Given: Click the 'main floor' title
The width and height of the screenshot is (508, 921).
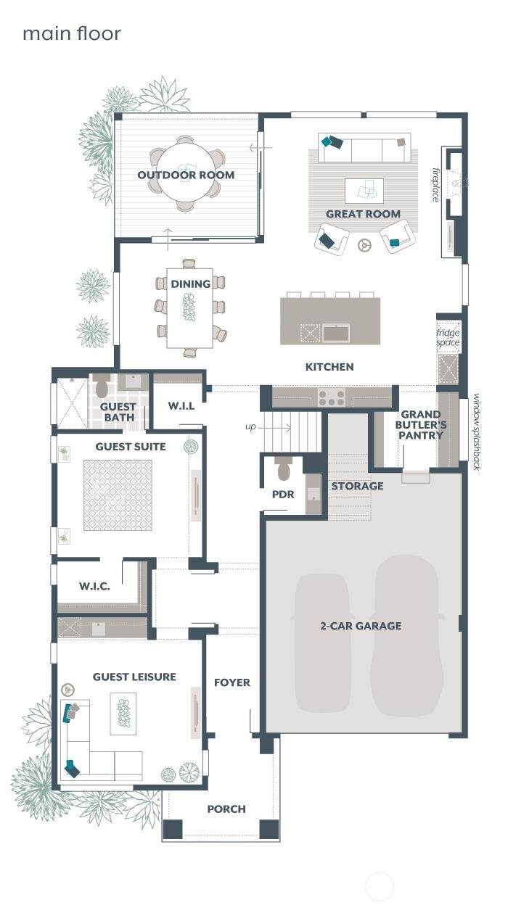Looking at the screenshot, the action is [72, 33].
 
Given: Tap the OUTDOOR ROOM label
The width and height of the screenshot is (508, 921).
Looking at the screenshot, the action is [186, 175].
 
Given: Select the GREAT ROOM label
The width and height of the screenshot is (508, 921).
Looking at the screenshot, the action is [363, 214].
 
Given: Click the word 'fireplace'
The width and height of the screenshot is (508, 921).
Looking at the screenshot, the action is [435, 185].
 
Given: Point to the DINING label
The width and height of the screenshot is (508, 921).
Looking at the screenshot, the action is [190, 284].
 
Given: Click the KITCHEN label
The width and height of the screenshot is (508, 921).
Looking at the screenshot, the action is [329, 367].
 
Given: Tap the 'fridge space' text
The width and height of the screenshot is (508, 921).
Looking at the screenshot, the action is [448, 337].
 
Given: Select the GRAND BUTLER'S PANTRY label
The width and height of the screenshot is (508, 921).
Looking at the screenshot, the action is [420, 425].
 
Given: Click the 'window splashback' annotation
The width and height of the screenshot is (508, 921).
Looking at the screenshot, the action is [476, 431].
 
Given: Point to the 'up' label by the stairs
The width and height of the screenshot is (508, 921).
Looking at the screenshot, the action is [250, 427].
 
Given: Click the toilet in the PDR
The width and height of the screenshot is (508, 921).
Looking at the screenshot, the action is [284, 468].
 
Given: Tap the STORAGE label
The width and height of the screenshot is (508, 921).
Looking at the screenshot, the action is [357, 486].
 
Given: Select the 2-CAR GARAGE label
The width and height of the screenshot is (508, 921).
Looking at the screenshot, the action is [361, 626].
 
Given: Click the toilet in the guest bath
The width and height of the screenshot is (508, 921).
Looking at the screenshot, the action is [102, 387].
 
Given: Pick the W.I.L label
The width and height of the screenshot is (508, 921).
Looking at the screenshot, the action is [181, 406].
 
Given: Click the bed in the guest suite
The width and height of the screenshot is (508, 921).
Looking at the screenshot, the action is [118, 495].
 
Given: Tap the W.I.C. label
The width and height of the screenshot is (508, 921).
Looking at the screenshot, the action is [94, 586].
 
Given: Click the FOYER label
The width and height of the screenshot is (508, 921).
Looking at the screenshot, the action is [232, 682].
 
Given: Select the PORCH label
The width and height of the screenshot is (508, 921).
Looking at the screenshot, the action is [226, 809].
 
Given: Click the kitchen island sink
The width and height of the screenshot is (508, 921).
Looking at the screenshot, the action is [336, 333].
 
